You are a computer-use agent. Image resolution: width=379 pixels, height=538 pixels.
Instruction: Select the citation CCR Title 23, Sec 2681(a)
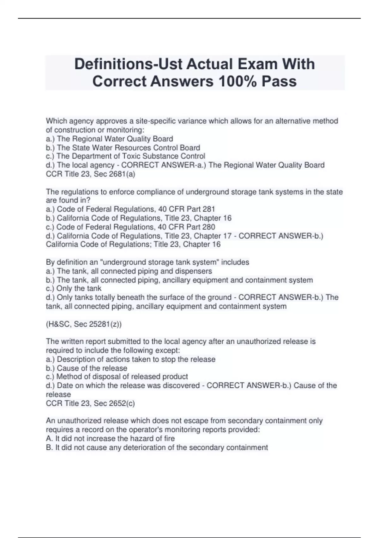90,174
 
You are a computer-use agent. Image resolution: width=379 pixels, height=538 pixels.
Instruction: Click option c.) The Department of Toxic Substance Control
125,156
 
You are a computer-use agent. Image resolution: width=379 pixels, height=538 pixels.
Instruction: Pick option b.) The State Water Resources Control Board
123,147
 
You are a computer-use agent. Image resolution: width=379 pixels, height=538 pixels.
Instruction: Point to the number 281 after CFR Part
209,209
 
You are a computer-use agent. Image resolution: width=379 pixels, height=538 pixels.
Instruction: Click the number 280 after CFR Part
209,227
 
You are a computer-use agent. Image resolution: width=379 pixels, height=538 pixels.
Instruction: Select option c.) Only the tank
74,288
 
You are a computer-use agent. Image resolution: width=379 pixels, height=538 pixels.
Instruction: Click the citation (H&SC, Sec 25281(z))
84,324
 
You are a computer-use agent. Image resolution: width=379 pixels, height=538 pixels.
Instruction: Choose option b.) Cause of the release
87,368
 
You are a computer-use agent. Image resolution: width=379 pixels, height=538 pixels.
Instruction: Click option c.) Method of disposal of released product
117,377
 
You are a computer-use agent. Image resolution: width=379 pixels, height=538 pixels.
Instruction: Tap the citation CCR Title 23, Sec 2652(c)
90,403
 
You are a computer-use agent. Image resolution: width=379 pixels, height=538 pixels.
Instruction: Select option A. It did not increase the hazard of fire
110,438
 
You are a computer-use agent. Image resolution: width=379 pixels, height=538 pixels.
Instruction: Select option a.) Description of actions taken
130,359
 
